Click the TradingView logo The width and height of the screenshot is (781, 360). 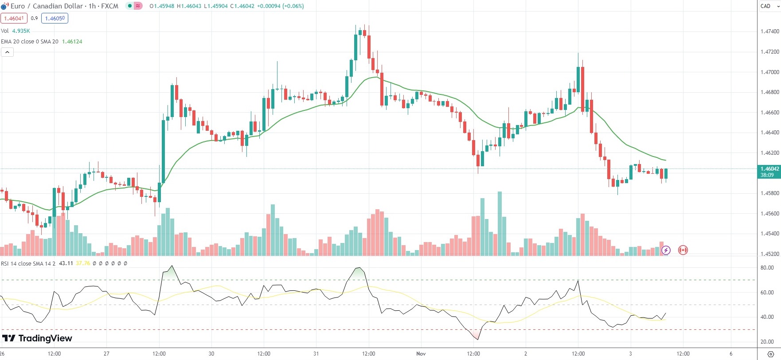pos(37,338)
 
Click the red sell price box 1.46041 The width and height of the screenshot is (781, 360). pos(14,18)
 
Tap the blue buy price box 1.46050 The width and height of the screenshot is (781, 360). pos(55,18)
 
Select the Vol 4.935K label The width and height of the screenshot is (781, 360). pos(16,31)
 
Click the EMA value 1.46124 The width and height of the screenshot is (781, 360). pos(72,42)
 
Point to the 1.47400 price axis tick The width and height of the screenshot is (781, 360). pos(769,31)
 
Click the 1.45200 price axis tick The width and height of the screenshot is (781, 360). pos(769,254)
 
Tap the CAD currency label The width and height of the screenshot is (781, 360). pos(765,6)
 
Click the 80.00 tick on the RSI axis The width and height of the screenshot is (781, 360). pos(767,268)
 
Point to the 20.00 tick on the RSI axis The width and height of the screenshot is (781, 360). pos(767,342)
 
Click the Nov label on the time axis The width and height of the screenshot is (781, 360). pos(421,354)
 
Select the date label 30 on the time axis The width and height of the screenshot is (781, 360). pos(211,354)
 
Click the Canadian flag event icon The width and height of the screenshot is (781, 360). pos(683,250)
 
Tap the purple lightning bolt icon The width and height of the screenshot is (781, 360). pos(666,250)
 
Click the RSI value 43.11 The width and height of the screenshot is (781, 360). pos(66,263)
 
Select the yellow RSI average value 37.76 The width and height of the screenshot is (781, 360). pos(83,263)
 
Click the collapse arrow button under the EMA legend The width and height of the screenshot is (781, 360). pos(7,52)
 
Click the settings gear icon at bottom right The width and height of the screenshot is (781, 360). pos(770,354)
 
